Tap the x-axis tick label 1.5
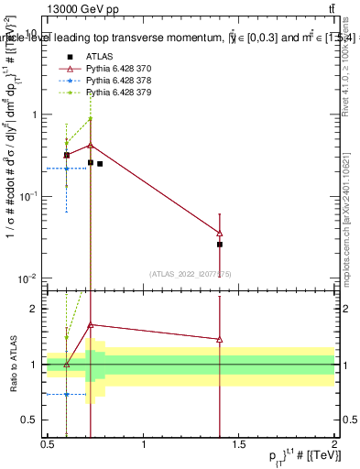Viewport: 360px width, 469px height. (239, 445)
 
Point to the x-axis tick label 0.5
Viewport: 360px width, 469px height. (49, 445)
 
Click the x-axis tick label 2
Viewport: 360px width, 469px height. (334, 445)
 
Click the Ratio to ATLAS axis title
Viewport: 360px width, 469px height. (13, 365)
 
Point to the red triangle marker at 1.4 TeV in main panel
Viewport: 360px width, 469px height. (220, 233)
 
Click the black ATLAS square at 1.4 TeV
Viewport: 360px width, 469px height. (220, 245)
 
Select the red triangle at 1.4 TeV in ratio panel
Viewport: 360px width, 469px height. (220, 339)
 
